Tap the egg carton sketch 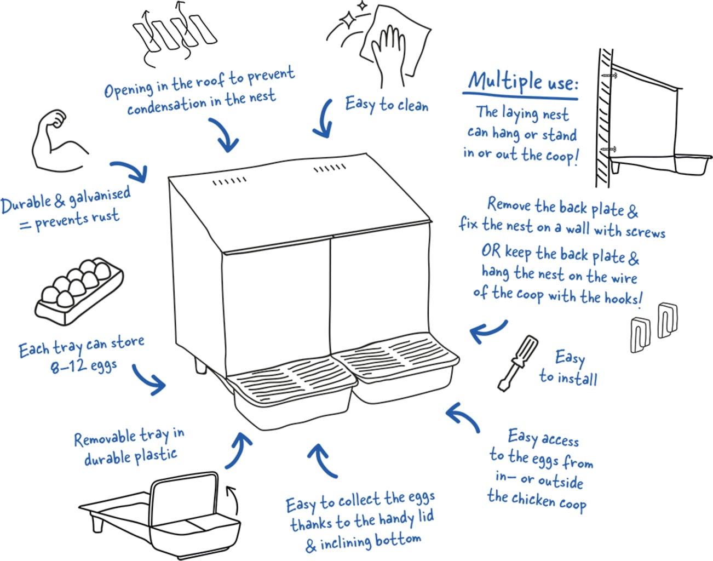tap(79, 291)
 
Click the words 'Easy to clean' tap(387, 104)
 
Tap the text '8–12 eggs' tap(83, 365)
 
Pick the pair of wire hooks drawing tap(653, 326)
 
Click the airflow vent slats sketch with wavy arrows tap(174, 33)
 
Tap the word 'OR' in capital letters tap(491, 251)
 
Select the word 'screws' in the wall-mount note tap(645, 232)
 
